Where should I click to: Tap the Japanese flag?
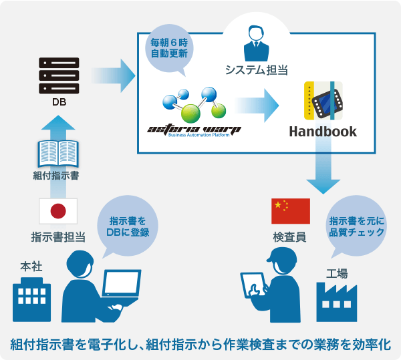(59, 211)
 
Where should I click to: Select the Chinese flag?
(290, 211)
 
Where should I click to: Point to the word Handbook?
(322, 131)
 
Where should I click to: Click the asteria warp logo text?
(194, 128)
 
